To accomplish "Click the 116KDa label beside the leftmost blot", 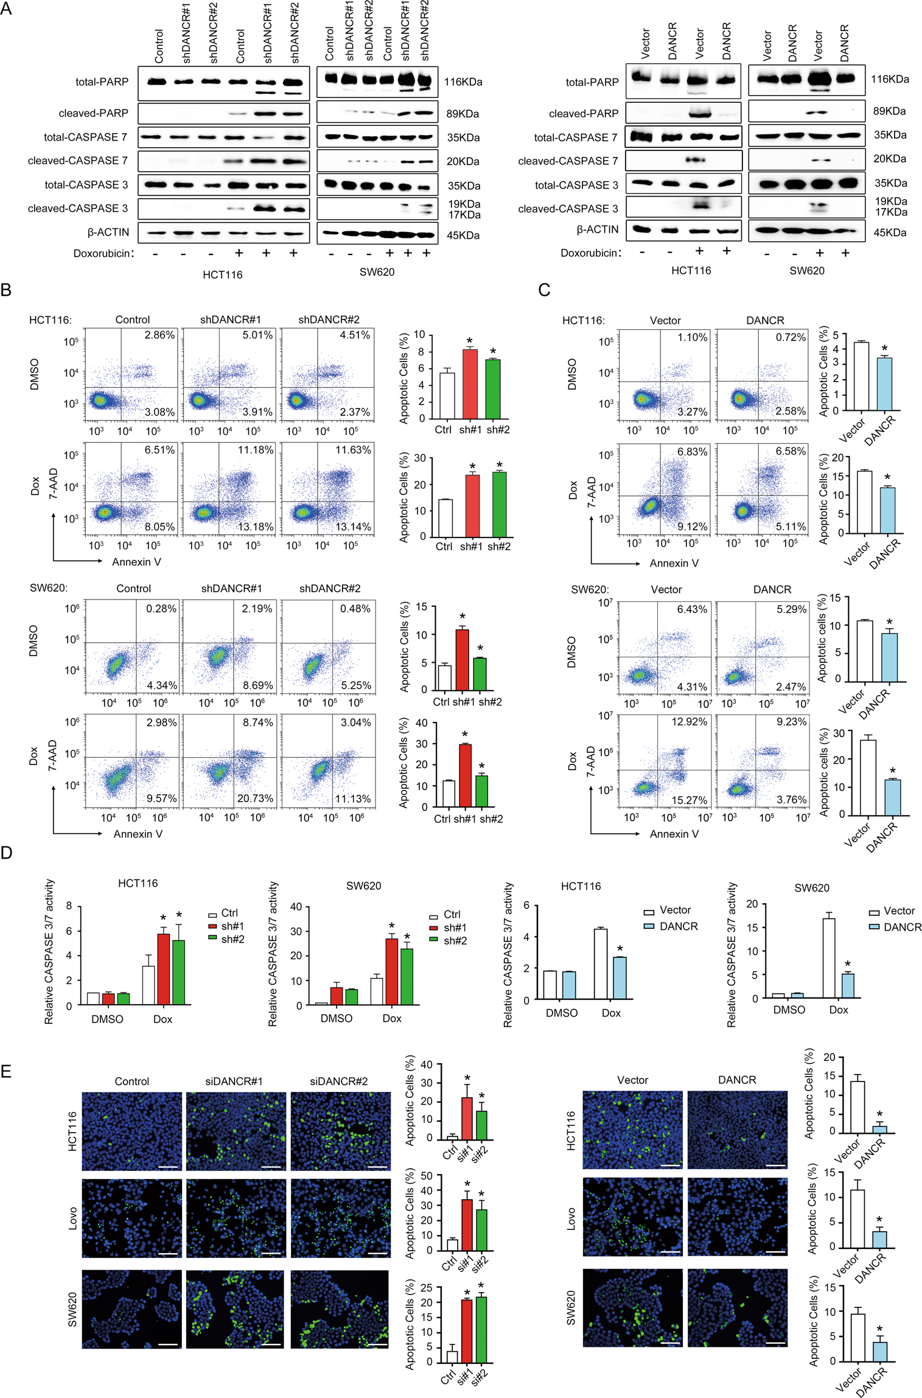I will pyautogui.click(x=463, y=82).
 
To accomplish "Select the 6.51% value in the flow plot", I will pyautogui.click(x=159, y=450).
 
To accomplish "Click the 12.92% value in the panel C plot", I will pyautogui.click(x=689, y=722).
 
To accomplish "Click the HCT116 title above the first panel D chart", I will pyautogui.click(x=138, y=883).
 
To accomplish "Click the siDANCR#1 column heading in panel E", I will pyautogui.click(x=234, y=1081).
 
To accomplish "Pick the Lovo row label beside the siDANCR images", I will pyautogui.click(x=73, y=1218).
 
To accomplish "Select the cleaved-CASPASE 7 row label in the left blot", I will pyautogui.click(x=78, y=161).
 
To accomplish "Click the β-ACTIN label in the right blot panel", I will pyautogui.click(x=597, y=229).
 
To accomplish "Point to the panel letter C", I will pyautogui.click(x=544, y=290).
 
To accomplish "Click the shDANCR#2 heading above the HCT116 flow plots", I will pyautogui.click(x=329, y=320).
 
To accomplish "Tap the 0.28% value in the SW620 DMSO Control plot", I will pyautogui.click(x=161, y=609).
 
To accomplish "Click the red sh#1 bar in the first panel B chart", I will pyautogui.click(x=469, y=383).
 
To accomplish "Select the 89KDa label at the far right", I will pyautogui.click(x=889, y=111).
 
